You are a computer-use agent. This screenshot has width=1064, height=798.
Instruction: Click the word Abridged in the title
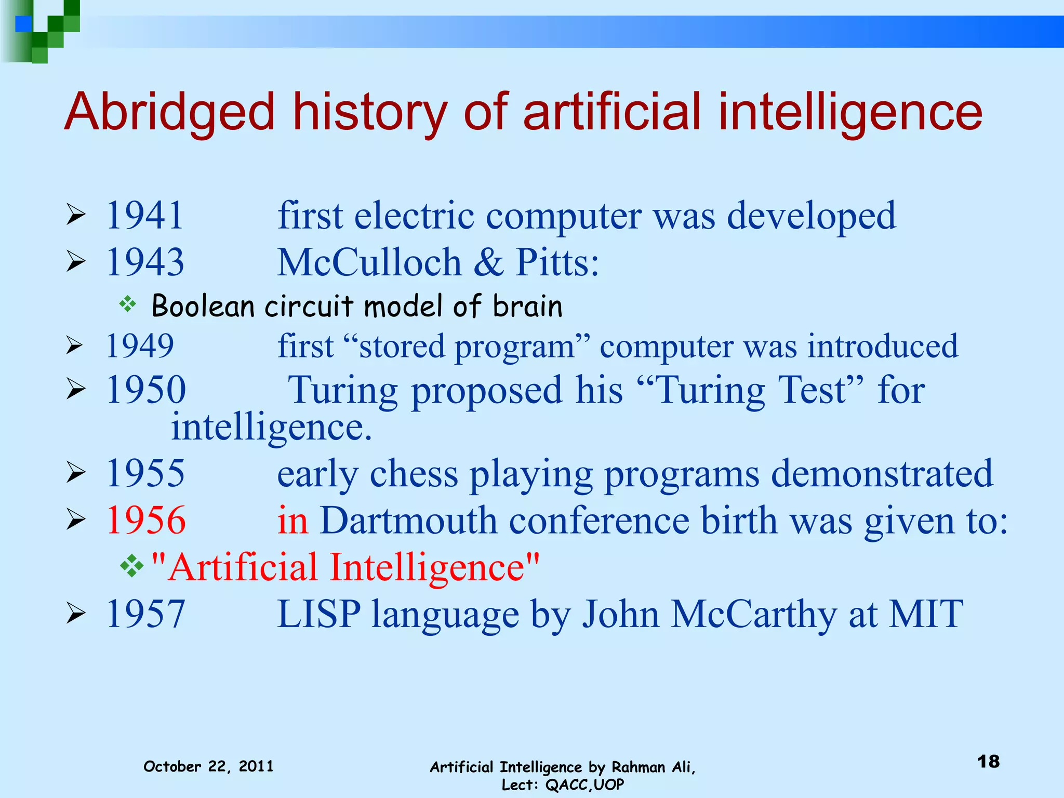169,112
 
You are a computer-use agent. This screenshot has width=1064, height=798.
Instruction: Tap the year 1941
145,215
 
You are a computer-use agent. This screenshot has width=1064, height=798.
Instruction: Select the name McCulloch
369,262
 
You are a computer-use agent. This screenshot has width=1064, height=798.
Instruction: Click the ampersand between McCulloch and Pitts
488,262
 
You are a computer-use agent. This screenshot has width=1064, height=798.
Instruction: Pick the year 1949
140,346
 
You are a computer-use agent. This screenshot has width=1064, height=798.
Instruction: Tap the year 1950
146,390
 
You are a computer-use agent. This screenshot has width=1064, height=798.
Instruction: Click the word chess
414,474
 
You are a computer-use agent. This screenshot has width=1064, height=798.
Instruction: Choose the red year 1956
146,520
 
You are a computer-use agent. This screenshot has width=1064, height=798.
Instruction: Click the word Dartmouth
408,520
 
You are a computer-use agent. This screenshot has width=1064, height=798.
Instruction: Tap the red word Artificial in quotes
243,567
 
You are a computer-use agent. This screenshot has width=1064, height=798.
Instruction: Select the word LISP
318,615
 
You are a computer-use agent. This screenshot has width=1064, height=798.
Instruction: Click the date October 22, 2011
208,766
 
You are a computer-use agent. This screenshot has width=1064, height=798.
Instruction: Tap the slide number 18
988,762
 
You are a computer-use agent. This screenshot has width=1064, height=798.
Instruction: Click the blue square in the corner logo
23,24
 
